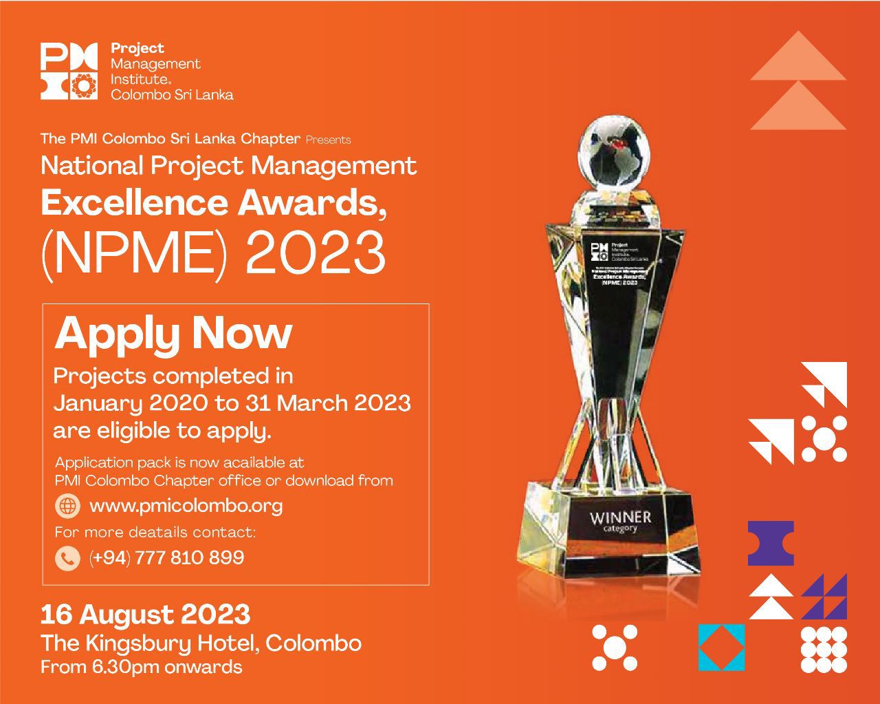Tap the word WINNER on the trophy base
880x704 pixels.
coord(620,516)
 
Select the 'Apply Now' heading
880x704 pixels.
coord(173,334)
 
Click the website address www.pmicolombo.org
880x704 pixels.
coord(186,506)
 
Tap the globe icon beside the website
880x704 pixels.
coord(67,506)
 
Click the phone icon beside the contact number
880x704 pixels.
coord(67,557)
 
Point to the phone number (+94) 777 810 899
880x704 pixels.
coord(166,557)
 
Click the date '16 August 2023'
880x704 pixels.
coord(145,614)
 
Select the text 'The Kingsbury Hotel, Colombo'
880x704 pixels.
coord(201,643)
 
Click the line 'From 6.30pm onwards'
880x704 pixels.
coord(141,667)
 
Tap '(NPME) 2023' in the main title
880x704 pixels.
coord(213,253)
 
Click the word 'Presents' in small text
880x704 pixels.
coord(328,140)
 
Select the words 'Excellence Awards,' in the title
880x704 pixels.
coord(213,203)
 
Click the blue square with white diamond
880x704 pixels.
coord(721,647)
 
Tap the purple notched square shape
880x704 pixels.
coord(771,543)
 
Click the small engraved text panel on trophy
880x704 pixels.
coord(615,264)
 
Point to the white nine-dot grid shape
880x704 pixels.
coord(824,649)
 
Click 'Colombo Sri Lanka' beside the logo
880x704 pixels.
coord(172,95)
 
